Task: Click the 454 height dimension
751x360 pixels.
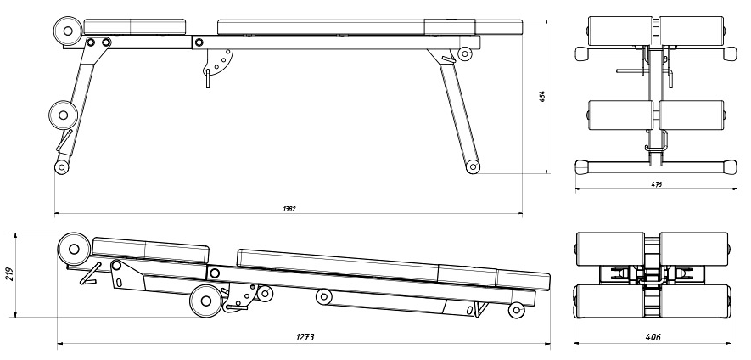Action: pyautogui.click(x=541, y=96)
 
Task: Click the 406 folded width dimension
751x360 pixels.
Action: pyautogui.click(x=653, y=338)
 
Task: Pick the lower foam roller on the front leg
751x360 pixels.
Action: pyautogui.click(x=61, y=113)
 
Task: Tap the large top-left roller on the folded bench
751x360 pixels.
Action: pyautogui.click(x=73, y=250)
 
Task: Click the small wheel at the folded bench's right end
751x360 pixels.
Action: pyautogui.click(x=516, y=311)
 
